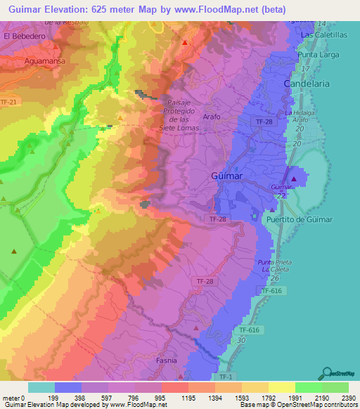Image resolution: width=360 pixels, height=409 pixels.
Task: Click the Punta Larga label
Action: click(319, 55)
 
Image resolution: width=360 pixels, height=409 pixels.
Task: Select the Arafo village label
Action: click(211, 117)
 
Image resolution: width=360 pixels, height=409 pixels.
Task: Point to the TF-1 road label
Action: click(225, 377)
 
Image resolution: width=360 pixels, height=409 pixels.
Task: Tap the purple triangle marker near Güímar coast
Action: click(294, 178)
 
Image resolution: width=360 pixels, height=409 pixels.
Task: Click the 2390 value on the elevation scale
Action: click(347, 397)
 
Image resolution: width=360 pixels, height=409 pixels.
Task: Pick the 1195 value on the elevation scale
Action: click(188, 397)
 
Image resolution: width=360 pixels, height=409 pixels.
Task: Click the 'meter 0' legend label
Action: click(12, 397)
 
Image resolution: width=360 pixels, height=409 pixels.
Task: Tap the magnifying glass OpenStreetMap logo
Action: click(326, 373)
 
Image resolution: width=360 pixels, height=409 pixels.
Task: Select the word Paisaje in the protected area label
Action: click(181, 99)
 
